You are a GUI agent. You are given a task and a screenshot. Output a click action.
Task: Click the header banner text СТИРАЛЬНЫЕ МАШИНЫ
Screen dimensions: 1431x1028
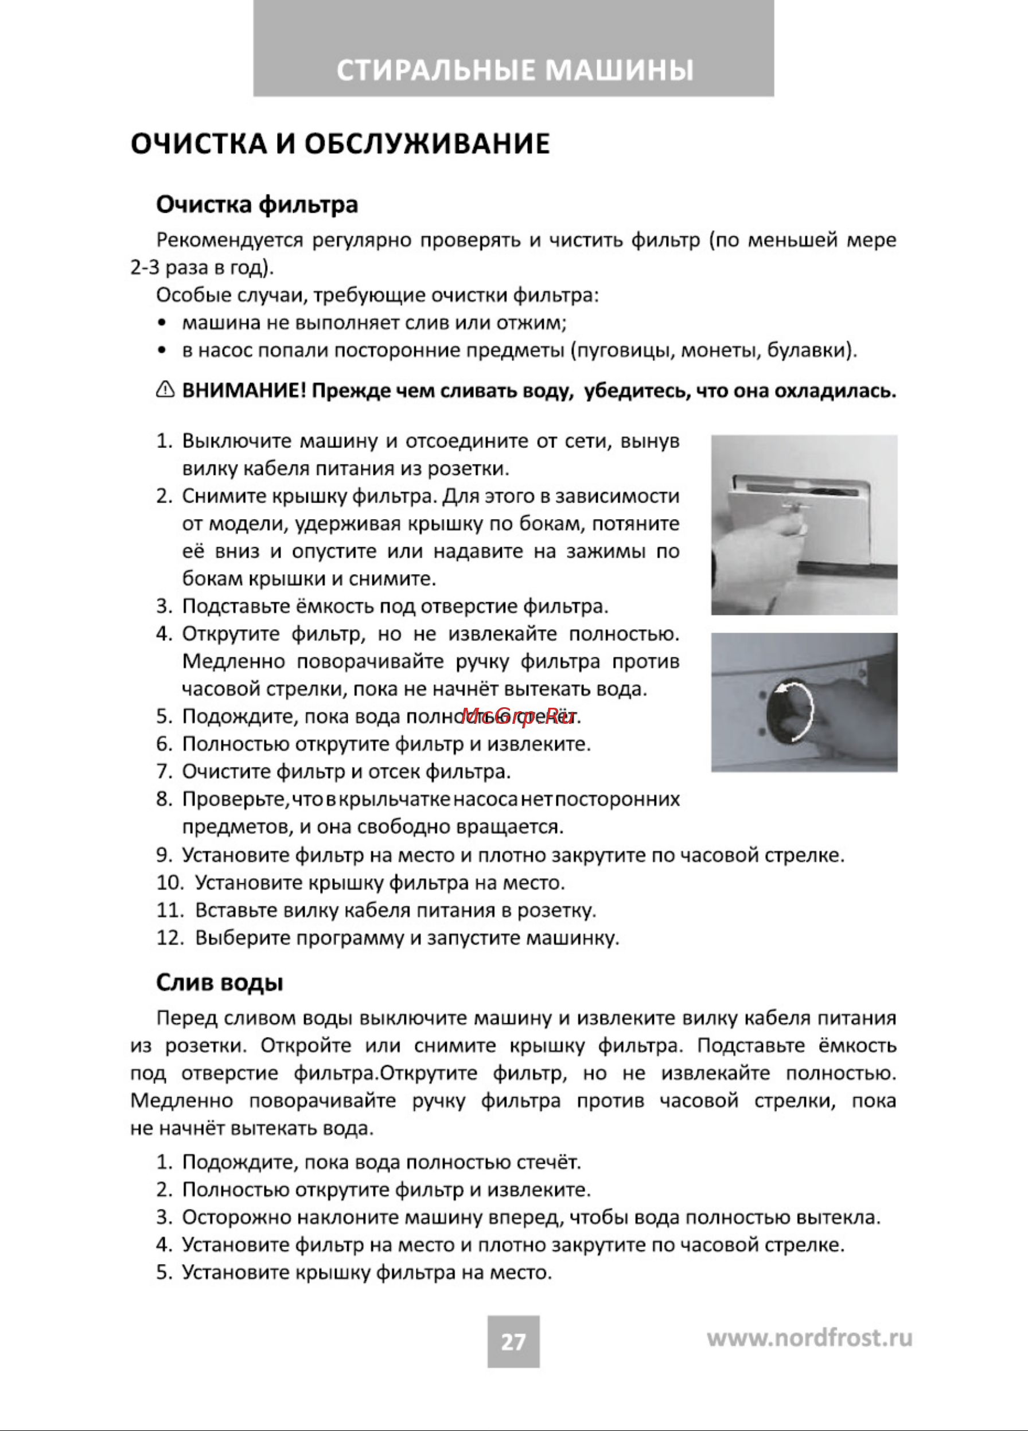[515, 70]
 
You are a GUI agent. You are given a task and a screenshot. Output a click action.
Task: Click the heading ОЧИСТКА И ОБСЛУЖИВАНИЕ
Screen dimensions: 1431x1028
[340, 144]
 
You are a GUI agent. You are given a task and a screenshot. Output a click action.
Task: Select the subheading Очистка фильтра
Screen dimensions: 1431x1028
[257, 204]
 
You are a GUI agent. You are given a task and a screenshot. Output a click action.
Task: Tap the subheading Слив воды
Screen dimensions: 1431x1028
[220, 982]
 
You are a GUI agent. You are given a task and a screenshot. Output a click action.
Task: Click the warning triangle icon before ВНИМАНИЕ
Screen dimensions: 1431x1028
[165, 390]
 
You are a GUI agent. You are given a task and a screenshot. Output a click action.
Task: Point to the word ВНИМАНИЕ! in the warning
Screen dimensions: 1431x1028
[244, 391]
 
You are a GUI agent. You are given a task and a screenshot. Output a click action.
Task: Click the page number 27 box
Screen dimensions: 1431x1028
[513, 1342]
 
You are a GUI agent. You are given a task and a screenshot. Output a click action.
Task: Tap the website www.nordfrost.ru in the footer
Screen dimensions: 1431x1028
[809, 1338]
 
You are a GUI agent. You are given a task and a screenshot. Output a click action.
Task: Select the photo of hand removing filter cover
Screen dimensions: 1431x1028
[804, 524]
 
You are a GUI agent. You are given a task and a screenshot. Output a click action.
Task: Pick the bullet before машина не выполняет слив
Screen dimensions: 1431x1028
[163, 323]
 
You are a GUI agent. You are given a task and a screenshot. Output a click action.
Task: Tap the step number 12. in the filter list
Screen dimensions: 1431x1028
[169, 938]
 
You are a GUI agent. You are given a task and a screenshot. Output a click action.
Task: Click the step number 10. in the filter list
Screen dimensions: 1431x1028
[169, 883]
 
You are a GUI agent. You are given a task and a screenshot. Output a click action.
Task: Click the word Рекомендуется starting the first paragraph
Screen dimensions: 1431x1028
[229, 240]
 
